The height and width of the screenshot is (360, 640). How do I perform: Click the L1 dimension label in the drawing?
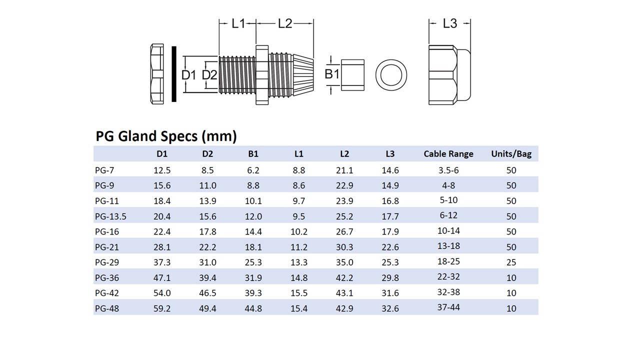[x=238, y=23]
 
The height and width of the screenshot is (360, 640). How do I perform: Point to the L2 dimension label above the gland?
[x=285, y=23]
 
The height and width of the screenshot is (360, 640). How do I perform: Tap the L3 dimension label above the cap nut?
[x=449, y=23]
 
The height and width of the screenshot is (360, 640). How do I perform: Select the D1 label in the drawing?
[x=189, y=75]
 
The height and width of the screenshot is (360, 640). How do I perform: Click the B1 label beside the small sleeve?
[x=331, y=74]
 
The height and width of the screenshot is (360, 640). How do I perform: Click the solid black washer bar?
[x=173, y=74]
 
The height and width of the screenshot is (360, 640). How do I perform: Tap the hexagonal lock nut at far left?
[x=157, y=74]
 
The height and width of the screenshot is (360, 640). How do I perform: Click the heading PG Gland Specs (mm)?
[x=166, y=136]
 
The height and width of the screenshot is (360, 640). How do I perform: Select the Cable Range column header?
[x=448, y=154]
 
